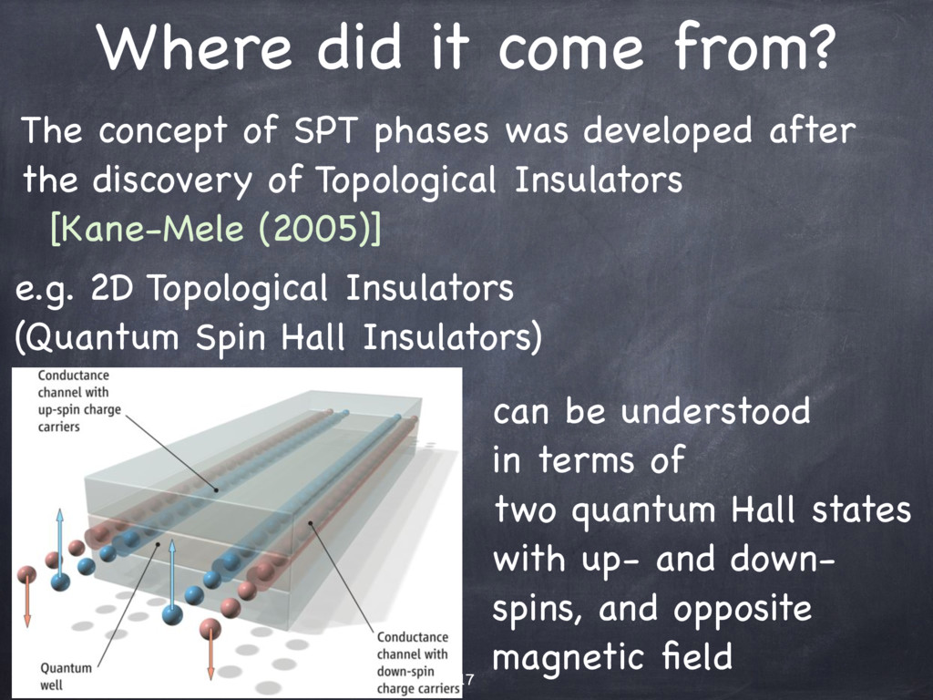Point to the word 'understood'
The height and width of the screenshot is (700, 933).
tap(716, 411)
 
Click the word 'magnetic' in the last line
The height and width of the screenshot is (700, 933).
tap(570, 658)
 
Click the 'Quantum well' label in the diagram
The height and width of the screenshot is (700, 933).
tap(66, 676)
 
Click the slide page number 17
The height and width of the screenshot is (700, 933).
tap(467, 678)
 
